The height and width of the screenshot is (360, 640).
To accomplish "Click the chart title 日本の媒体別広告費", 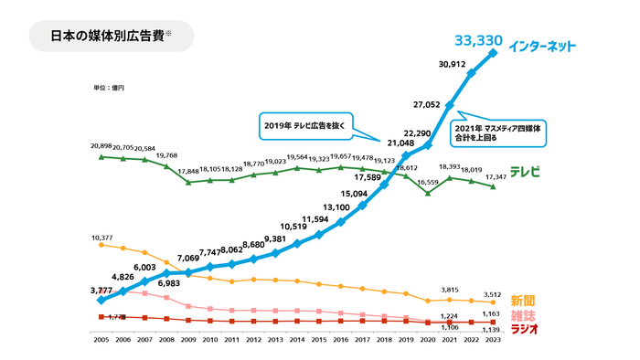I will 107,37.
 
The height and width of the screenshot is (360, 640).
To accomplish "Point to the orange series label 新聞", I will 522,301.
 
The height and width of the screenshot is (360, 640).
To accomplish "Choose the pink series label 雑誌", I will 522,314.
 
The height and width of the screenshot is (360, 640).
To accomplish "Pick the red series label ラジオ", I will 522,328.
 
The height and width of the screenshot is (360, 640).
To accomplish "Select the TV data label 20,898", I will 101,146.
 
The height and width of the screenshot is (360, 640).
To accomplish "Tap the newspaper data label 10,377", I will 102,237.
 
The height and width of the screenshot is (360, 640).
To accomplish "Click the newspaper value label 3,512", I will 495,294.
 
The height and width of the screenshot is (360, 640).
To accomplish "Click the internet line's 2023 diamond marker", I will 494,53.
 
